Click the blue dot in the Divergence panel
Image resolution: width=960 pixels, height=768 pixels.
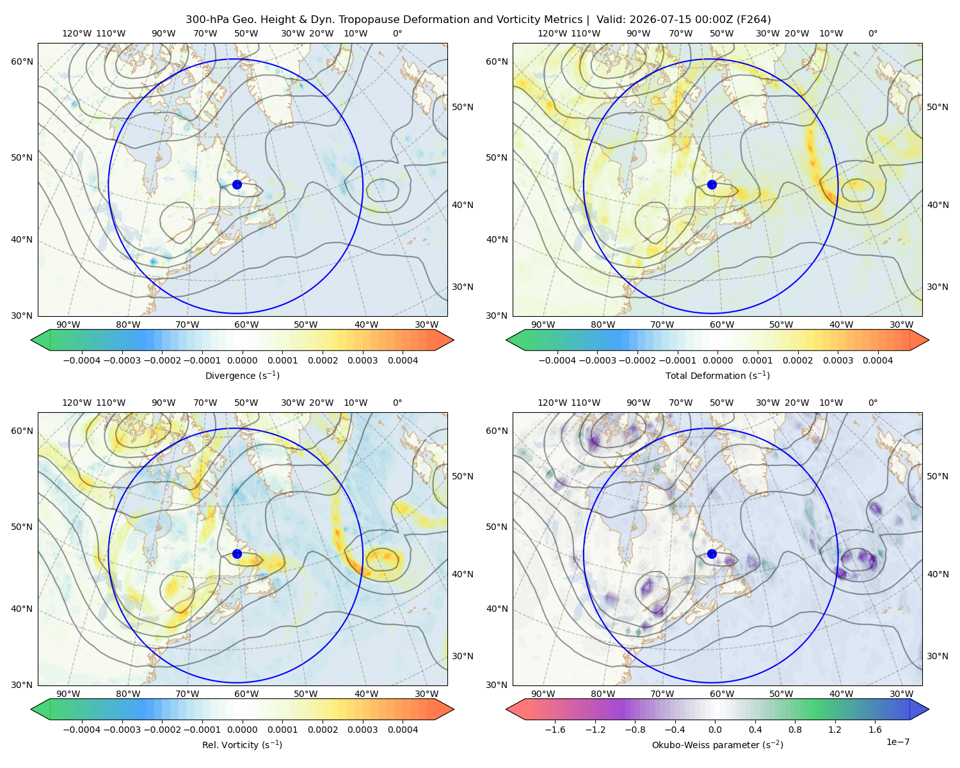[237, 185]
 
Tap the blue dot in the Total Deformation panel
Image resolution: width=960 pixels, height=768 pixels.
[712, 185]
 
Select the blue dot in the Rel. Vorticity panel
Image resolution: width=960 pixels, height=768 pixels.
[237, 554]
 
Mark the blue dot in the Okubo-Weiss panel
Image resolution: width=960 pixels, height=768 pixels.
[712, 554]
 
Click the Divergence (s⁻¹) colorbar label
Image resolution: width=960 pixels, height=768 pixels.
[242, 376]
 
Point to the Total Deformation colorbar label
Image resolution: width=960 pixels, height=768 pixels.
[717, 376]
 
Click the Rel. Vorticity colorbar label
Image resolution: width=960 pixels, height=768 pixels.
[242, 745]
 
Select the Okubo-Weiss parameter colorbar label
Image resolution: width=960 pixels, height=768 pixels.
[717, 745]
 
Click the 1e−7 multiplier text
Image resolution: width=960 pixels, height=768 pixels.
[897, 742]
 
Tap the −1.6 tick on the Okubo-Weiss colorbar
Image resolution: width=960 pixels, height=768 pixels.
[555, 730]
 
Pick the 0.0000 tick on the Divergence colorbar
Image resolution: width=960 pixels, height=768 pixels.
[242, 360]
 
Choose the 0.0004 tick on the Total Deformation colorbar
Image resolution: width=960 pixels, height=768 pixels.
[877, 360]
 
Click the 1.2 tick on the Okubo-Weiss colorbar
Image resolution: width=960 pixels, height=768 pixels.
[835, 730]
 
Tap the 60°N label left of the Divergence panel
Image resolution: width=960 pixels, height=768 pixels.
[22, 61]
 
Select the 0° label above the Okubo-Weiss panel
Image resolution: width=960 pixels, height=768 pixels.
[873, 403]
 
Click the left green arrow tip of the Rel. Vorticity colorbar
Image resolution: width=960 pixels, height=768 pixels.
[31, 709]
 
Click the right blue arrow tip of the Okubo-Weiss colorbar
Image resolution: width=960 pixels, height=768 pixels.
[929, 709]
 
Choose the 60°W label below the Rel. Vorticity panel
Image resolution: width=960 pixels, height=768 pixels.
[246, 694]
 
